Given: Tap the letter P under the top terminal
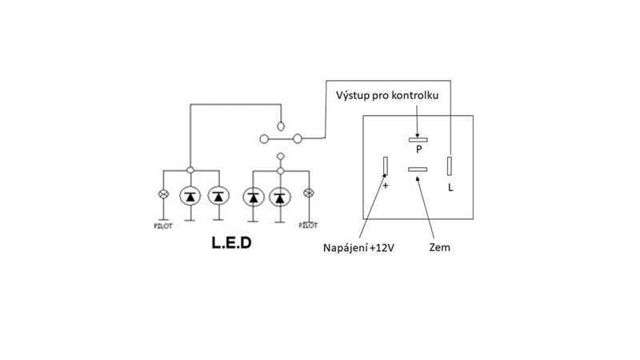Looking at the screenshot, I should (x=418, y=148).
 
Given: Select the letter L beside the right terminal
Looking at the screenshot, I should (x=450, y=187).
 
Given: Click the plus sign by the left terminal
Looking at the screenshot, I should (x=385, y=185).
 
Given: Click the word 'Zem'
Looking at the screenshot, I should (x=439, y=247).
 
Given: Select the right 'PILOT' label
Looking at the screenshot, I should (x=308, y=225).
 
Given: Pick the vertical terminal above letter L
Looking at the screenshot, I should (x=450, y=166).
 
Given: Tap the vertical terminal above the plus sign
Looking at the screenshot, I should (x=385, y=166).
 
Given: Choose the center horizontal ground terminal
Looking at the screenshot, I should (x=418, y=169).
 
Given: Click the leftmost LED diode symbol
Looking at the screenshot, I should (x=190, y=195).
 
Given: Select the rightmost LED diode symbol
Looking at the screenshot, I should (x=279, y=195).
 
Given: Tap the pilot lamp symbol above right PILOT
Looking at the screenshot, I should (x=308, y=194).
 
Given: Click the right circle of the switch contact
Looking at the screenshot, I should (x=298, y=139).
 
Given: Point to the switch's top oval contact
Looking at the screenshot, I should (x=280, y=126).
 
